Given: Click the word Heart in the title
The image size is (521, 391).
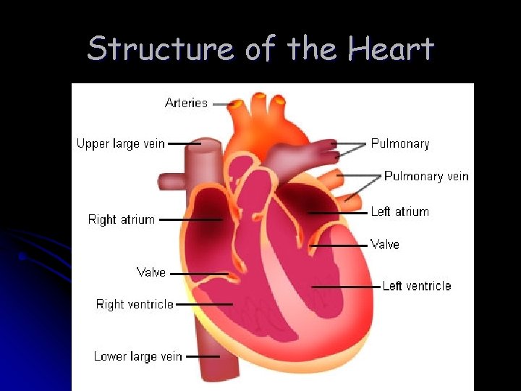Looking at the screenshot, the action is tap(391, 49).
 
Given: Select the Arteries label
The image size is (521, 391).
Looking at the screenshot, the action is tap(186, 103).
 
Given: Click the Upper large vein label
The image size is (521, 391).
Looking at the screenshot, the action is tap(121, 144).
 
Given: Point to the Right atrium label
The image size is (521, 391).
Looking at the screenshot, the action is tap(122, 219).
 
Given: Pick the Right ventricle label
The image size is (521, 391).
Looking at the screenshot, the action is tap(135, 304).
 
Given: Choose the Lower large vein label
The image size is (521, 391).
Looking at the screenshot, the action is tap(137, 356).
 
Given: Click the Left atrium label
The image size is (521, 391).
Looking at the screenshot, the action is tap(399, 212).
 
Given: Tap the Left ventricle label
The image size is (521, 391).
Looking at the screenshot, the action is tap(416, 287).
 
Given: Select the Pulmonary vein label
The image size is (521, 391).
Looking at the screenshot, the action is tap(426, 176).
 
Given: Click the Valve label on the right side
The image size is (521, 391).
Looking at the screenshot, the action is tap(384, 245).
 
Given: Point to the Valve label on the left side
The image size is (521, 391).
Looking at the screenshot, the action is tap(151, 273).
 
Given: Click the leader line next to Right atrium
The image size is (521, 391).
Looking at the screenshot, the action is tap(190, 219).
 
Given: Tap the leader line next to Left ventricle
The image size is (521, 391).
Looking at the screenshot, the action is tap(346, 287).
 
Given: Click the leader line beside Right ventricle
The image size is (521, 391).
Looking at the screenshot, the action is tap(204, 305).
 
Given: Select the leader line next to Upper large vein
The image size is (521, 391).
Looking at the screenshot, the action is tap(184, 144).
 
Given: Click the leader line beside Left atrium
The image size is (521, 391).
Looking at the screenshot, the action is tap(338, 213).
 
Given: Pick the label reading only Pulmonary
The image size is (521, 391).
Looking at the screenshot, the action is tap(400, 144).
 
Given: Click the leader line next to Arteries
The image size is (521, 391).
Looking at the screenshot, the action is tap(221, 104).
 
